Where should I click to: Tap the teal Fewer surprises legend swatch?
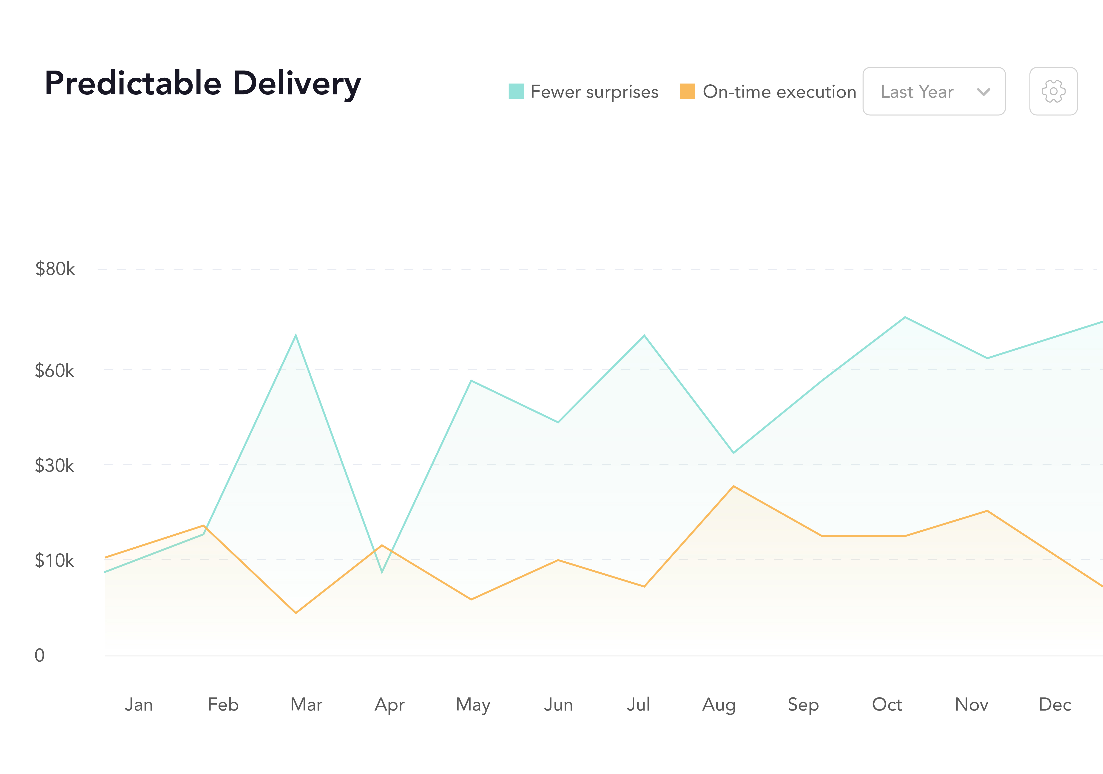tap(516, 91)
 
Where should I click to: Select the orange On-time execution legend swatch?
tap(687, 91)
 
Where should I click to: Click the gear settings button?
tap(1053, 91)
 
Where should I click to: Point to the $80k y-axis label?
tap(55, 269)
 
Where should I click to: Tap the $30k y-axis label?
tap(54, 466)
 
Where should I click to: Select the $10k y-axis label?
tap(54, 561)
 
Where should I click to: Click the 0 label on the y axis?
tap(39, 655)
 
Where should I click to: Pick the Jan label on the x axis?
tap(139, 705)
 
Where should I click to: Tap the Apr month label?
tap(389, 705)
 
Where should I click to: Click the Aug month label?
tap(719, 705)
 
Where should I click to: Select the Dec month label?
tap(1055, 705)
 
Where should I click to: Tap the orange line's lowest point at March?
tap(296, 613)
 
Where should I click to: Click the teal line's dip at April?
tap(382, 572)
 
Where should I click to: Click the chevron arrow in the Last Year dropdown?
tap(983, 92)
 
